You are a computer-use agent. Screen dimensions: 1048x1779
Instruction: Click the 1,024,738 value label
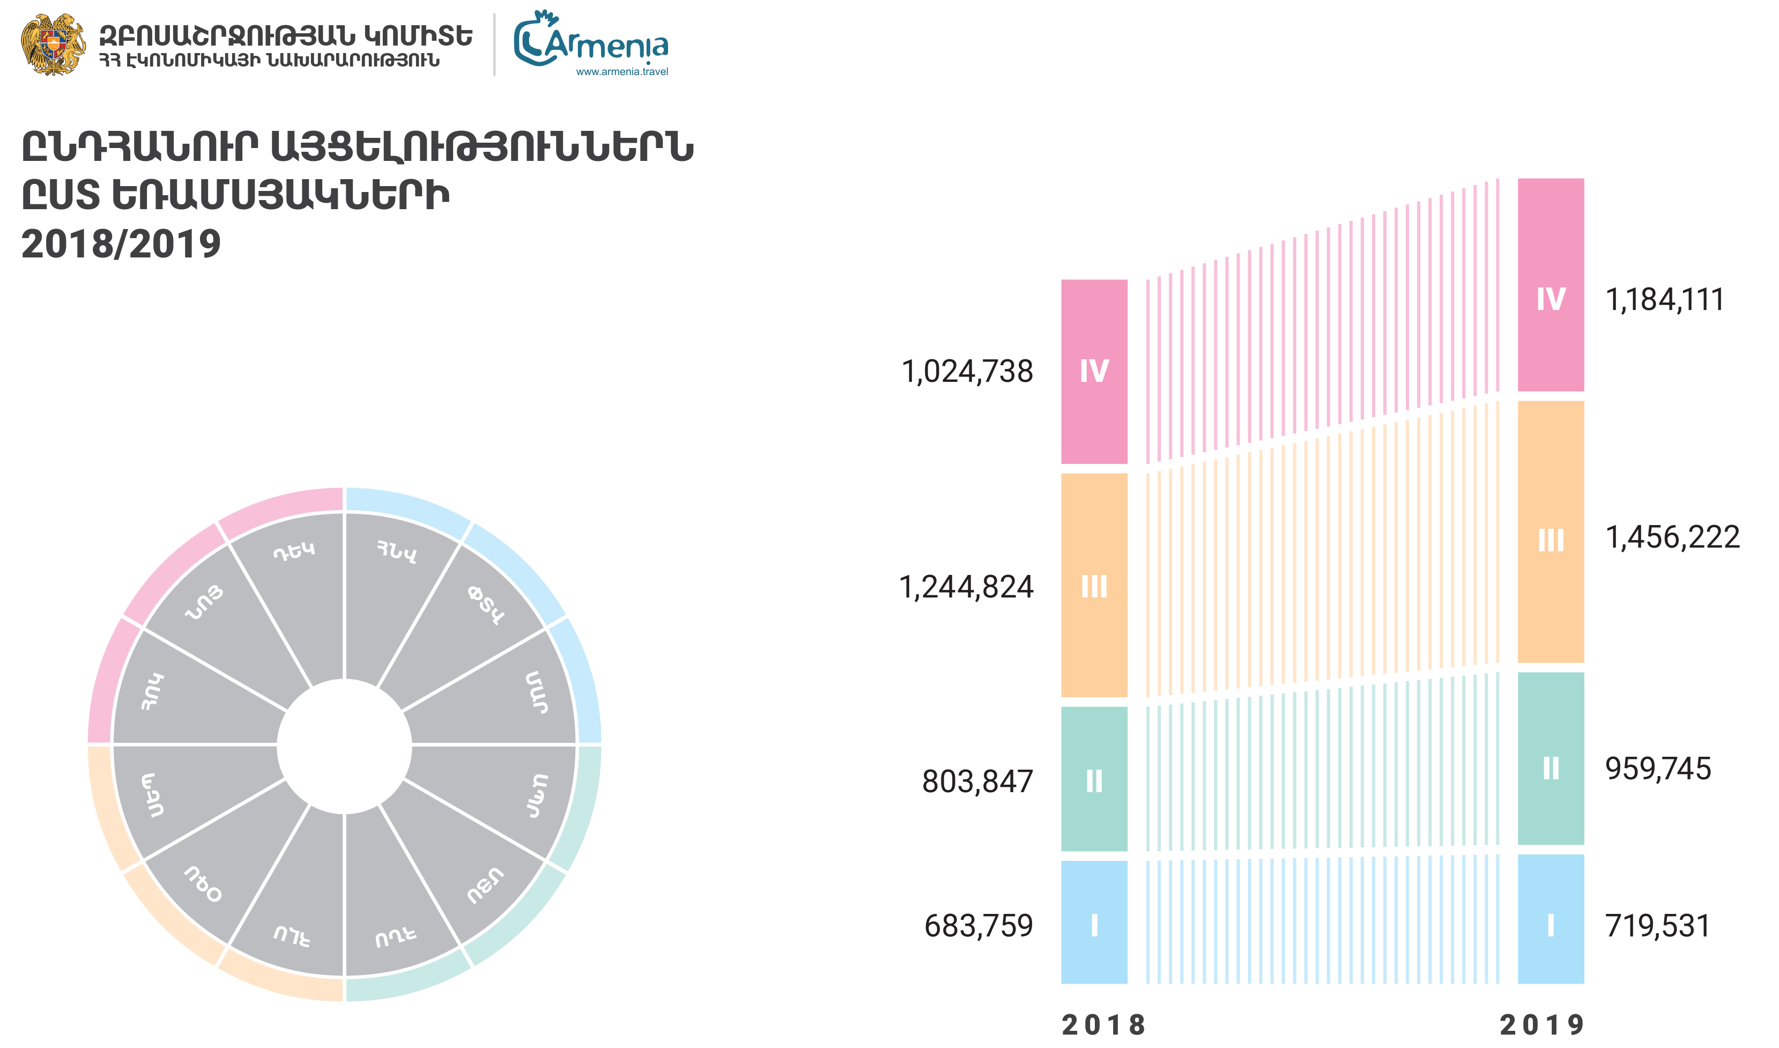pos(967,372)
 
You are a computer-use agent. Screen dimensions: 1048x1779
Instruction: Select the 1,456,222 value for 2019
pos(1672,538)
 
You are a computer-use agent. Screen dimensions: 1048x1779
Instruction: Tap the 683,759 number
pos(979,926)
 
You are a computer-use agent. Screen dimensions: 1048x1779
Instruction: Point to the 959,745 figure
pos(1658,769)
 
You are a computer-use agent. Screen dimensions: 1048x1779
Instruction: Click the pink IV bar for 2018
pos(1094,372)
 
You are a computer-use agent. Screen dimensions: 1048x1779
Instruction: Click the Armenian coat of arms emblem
pos(53,45)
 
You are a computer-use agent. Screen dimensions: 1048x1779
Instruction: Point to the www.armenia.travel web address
pos(621,71)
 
